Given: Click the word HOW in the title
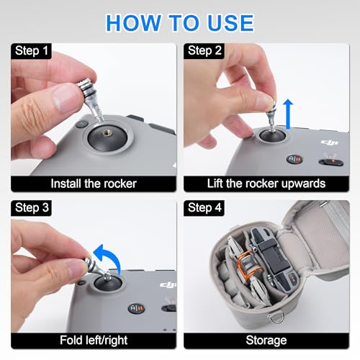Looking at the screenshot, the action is pyautogui.click(x=133, y=23).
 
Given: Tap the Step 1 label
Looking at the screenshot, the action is pyautogui.click(x=32, y=51).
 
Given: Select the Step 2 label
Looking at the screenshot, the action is pyautogui.click(x=204, y=51).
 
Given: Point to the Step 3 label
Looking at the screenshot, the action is pyautogui.click(x=32, y=207).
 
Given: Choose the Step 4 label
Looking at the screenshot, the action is pyautogui.click(x=204, y=207).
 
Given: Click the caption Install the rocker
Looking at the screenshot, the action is pyautogui.click(x=94, y=184).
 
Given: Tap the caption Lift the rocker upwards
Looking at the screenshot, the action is pyautogui.click(x=266, y=184).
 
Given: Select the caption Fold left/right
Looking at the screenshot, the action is pyautogui.click(x=94, y=340).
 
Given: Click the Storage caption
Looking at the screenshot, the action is pyautogui.click(x=266, y=341).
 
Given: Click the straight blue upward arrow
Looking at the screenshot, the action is pyautogui.click(x=288, y=114).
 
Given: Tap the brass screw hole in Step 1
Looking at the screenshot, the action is pyautogui.click(x=107, y=132).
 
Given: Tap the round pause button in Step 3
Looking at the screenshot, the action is pyautogui.click(x=136, y=308).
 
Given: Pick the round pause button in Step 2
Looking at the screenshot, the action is pyautogui.click(x=294, y=159).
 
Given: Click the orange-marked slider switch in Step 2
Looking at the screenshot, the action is pyautogui.click(x=331, y=162).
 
